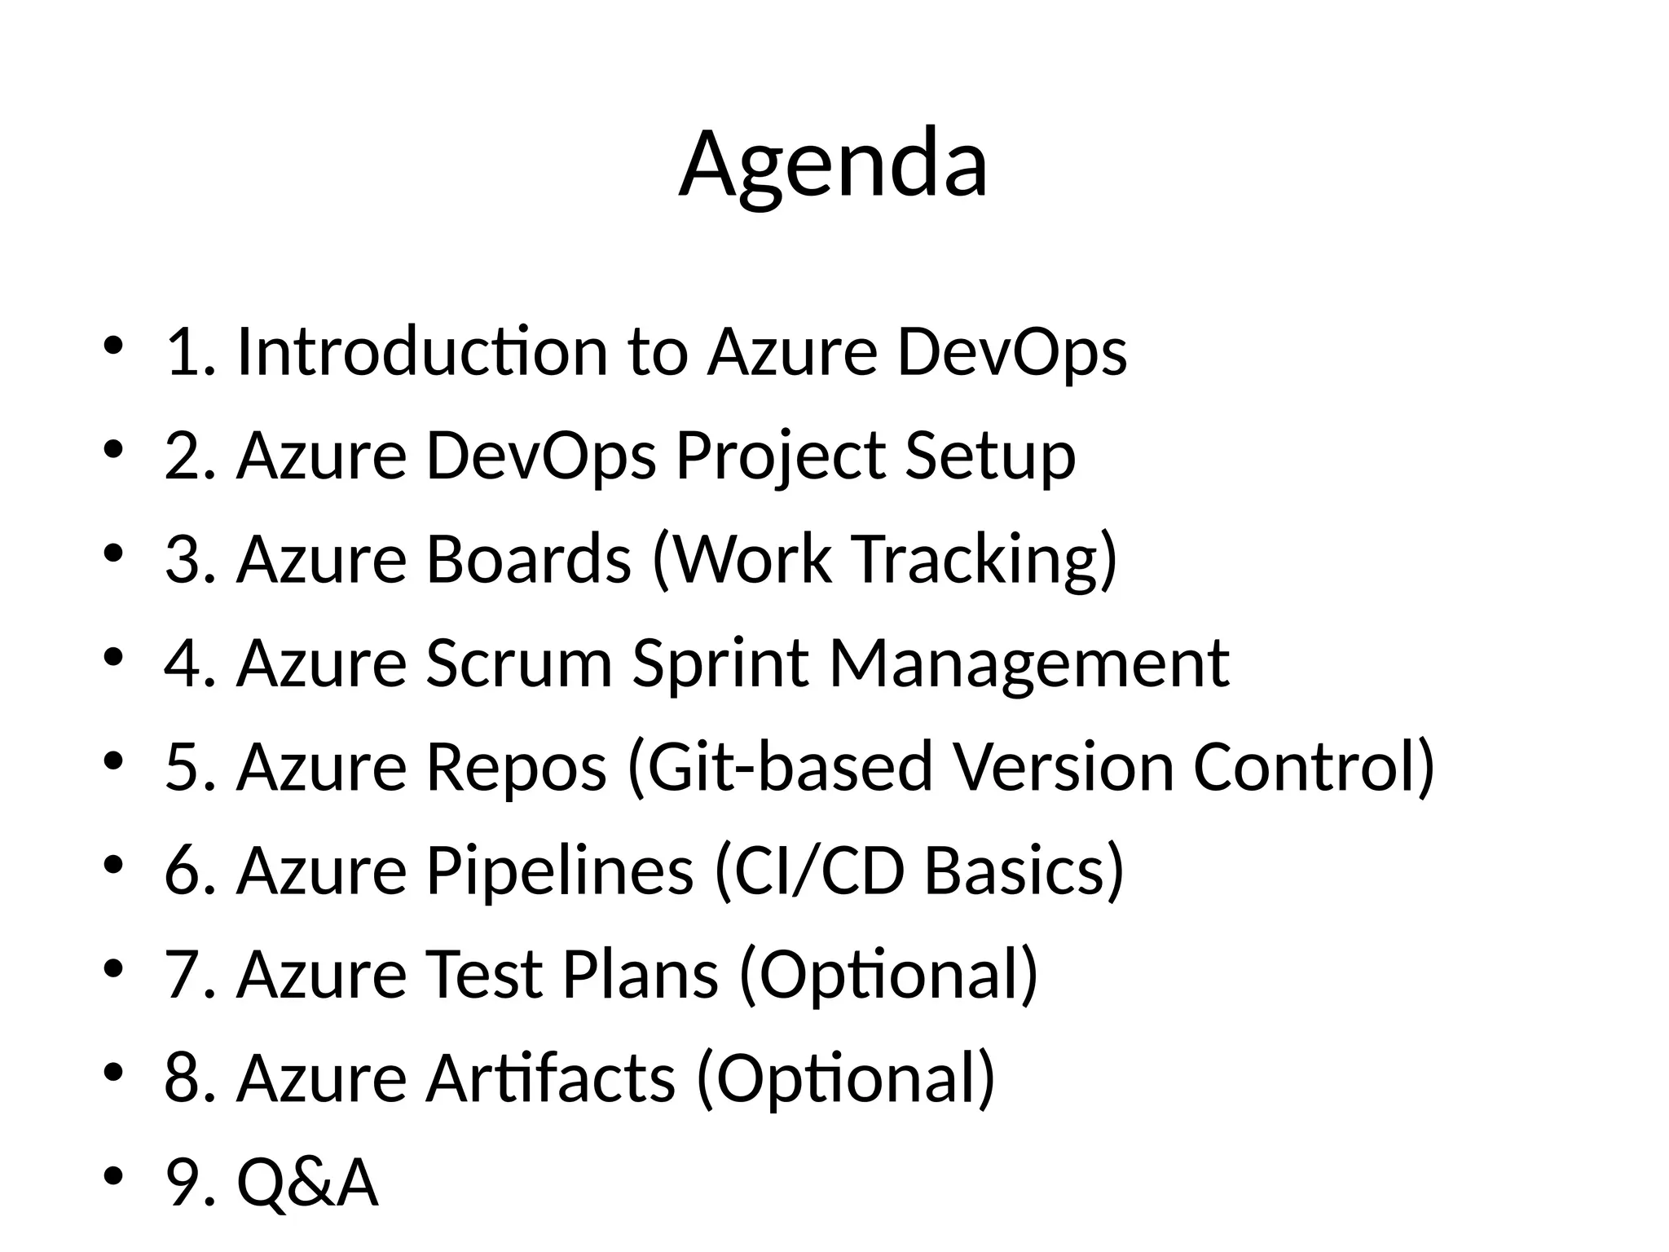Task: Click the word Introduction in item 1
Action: coord(422,351)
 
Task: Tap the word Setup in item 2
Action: coord(990,456)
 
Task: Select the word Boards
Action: coord(528,559)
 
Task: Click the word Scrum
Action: coord(518,663)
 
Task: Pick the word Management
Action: coord(1028,663)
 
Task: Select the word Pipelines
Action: coord(559,871)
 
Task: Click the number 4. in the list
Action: coord(189,663)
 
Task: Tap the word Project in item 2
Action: coord(780,456)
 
